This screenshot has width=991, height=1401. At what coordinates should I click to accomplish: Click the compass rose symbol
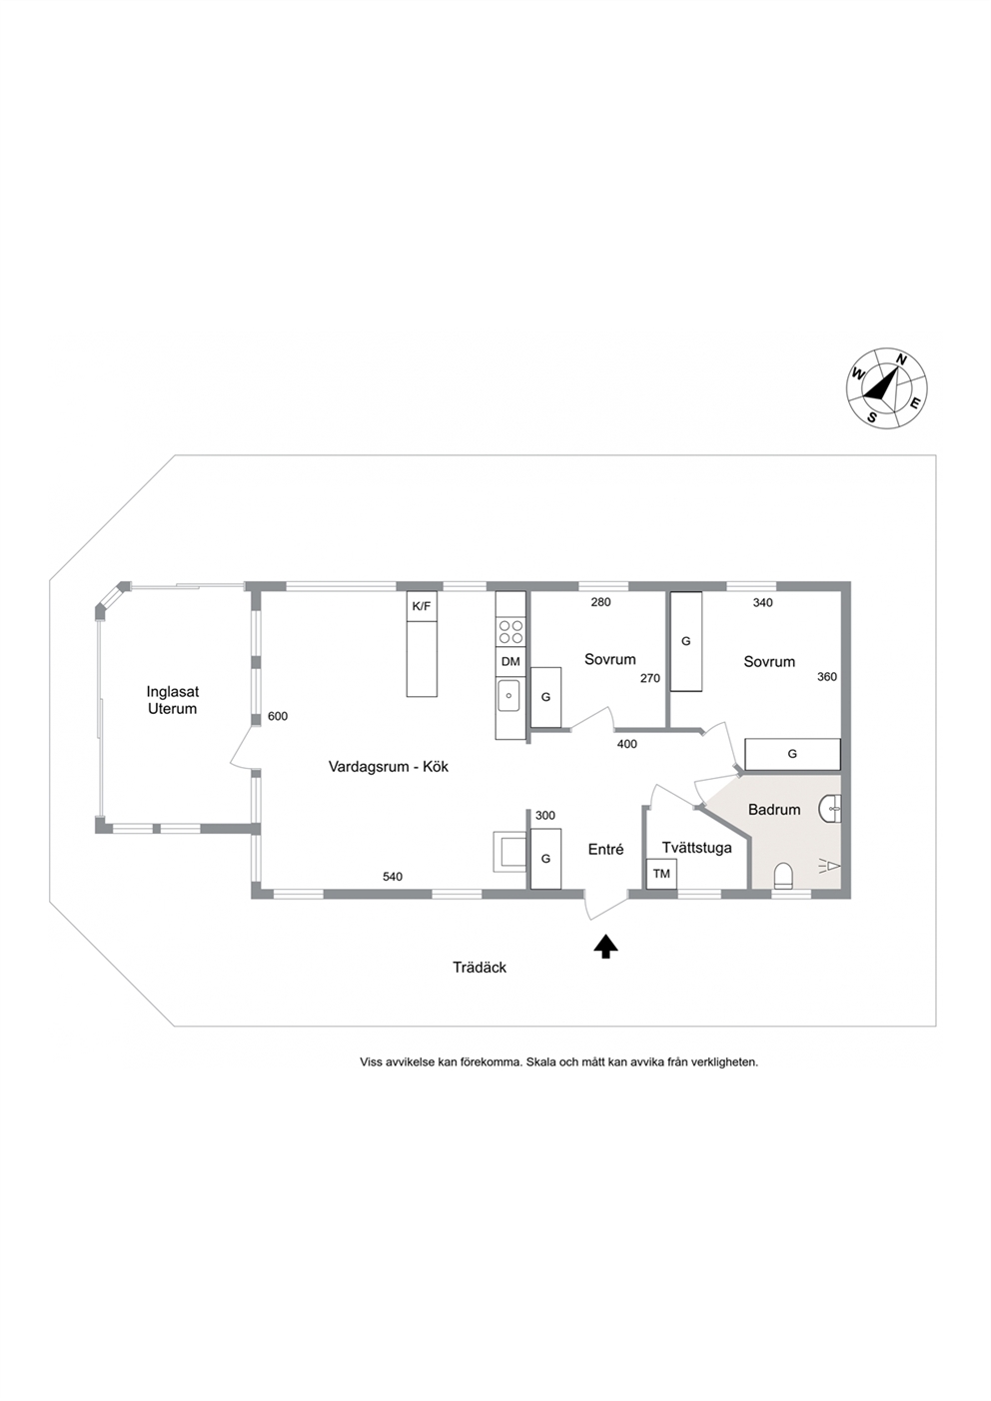tap(886, 387)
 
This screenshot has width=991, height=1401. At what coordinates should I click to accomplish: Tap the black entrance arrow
tap(605, 947)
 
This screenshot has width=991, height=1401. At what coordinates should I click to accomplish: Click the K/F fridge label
tap(422, 606)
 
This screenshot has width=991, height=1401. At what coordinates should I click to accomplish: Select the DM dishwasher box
tap(510, 662)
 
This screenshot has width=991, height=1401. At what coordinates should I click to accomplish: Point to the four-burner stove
tap(510, 631)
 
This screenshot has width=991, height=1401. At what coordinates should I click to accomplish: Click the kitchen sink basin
tap(510, 695)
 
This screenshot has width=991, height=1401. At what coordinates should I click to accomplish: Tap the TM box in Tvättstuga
tap(661, 874)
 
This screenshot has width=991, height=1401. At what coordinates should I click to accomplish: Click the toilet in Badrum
tap(783, 875)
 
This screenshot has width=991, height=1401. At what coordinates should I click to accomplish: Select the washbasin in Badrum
tap(830, 809)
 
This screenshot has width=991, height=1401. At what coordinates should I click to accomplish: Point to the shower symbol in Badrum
tap(828, 866)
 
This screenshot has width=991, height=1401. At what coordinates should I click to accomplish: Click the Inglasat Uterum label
tap(173, 700)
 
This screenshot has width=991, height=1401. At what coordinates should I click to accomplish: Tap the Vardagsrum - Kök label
tap(389, 767)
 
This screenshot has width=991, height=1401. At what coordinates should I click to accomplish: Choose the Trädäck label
tap(480, 968)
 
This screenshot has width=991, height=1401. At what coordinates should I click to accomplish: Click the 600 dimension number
tap(278, 717)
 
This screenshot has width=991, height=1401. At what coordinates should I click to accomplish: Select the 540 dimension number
tap(393, 877)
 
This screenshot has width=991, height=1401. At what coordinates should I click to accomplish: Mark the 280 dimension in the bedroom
tap(600, 602)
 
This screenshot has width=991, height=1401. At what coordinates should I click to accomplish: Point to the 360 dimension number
tap(827, 677)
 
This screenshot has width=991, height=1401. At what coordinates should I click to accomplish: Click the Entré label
tap(605, 850)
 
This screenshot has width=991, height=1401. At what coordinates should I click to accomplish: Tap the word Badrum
tap(774, 809)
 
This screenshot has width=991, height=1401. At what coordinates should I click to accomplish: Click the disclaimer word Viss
tap(371, 1062)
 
